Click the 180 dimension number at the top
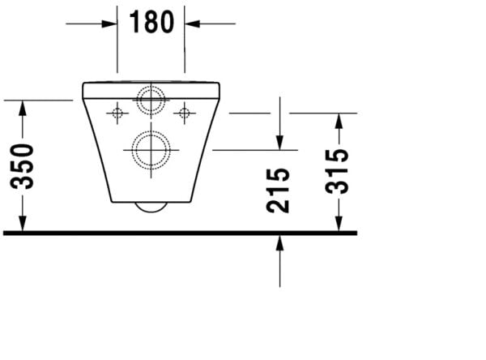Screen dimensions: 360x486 [151, 23]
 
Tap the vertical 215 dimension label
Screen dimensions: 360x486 [278, 191]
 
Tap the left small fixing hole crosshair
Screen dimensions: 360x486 [117, 112]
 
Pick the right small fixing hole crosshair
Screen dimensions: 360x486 [185, 112]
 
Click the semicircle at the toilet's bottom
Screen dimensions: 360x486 [151, 206]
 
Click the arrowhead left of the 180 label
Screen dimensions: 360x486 [110, 24]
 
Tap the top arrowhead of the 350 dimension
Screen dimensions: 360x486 [23, 108]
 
